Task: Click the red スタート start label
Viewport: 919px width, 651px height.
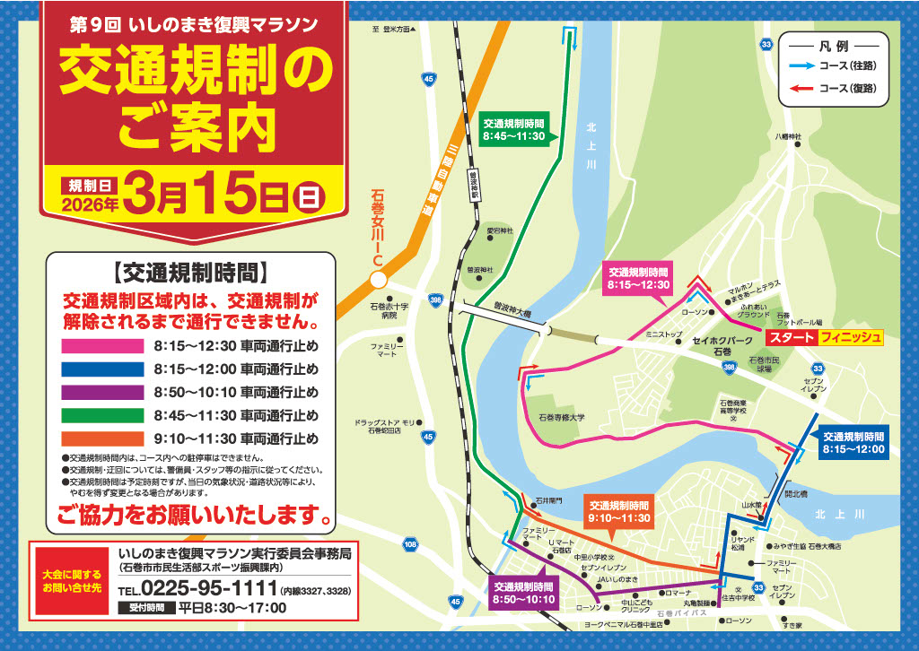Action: pyautogui.click(x=790, y=337)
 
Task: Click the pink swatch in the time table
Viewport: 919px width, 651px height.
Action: pyautogui.click(x=101, y=345)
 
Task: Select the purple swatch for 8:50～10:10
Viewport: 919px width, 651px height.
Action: pyautogui.click(x=101, y=392)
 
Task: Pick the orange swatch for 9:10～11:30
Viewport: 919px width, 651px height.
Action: pyautogui.click(x=101, y=438)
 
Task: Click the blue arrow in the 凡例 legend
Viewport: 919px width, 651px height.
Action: pyautogui.click(x=801, y=65)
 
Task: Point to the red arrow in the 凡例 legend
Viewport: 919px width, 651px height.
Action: pyautogui.click(x=801, y=88)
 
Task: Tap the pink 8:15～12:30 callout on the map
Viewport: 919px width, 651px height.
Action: pyautogui.click(x=638, y=278)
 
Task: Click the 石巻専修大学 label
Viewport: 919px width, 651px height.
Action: pyautogui.click(x=562, y=417)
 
